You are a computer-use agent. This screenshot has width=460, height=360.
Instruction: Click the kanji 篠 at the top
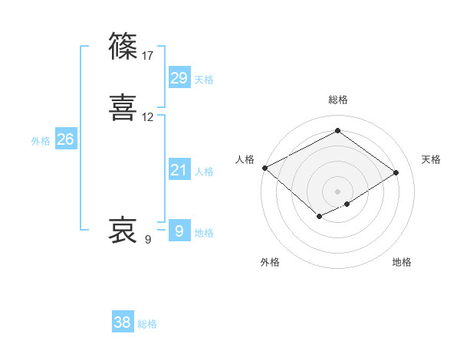123,47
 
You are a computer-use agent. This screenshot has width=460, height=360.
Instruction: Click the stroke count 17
148,56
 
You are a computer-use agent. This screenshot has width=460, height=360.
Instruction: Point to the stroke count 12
148,117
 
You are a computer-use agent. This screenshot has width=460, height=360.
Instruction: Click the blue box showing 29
179,77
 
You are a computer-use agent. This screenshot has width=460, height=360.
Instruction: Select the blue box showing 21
179,170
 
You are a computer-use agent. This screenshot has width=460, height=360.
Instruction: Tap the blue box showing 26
66,139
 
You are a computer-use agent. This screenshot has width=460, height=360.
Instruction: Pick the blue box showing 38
123,322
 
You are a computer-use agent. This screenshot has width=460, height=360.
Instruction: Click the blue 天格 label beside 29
204,80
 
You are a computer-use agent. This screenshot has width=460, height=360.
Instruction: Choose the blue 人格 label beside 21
204,172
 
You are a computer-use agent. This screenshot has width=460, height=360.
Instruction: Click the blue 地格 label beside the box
204,234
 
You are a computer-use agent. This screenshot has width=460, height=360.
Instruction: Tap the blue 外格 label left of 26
41,141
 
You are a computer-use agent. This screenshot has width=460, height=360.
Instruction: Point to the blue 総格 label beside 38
147,325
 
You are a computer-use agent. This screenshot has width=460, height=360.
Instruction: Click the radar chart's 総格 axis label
338,100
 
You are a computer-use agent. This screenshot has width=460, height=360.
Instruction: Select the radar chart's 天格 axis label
431,159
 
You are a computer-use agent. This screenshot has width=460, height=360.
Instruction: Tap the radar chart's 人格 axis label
245,159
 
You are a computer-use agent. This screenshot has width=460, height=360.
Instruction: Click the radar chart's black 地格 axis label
402,262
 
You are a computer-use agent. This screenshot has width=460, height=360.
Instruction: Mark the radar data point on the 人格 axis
264,168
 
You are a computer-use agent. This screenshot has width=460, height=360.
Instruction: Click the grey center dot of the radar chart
338,191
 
